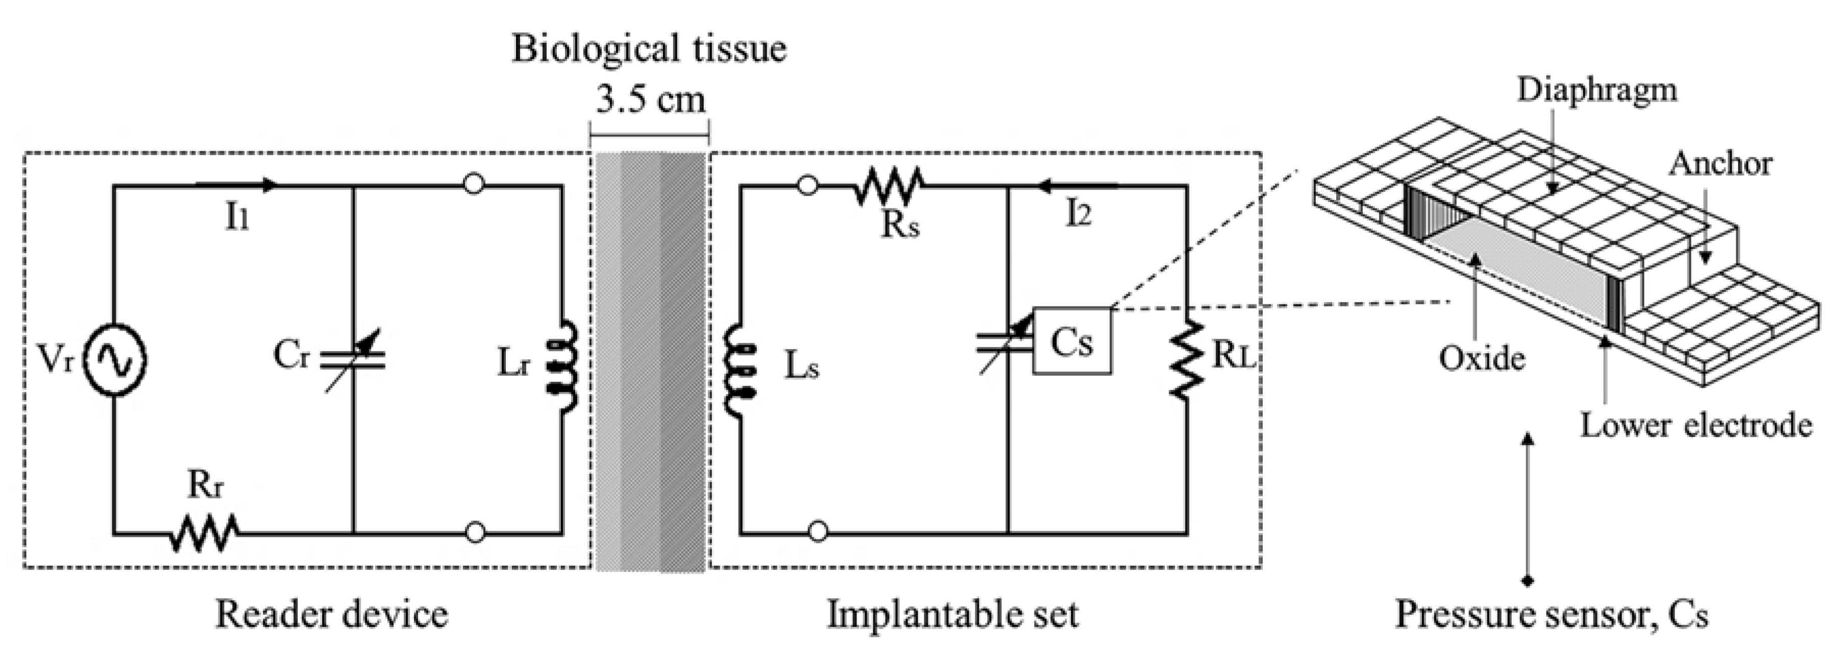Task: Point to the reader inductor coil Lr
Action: (x=563, y=366)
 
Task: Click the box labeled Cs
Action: (x=1072, y=341)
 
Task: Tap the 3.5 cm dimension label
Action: (x=651, y=100)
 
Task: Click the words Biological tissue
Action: (x=649, y=49)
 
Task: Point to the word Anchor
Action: (x=1720, y=164)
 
